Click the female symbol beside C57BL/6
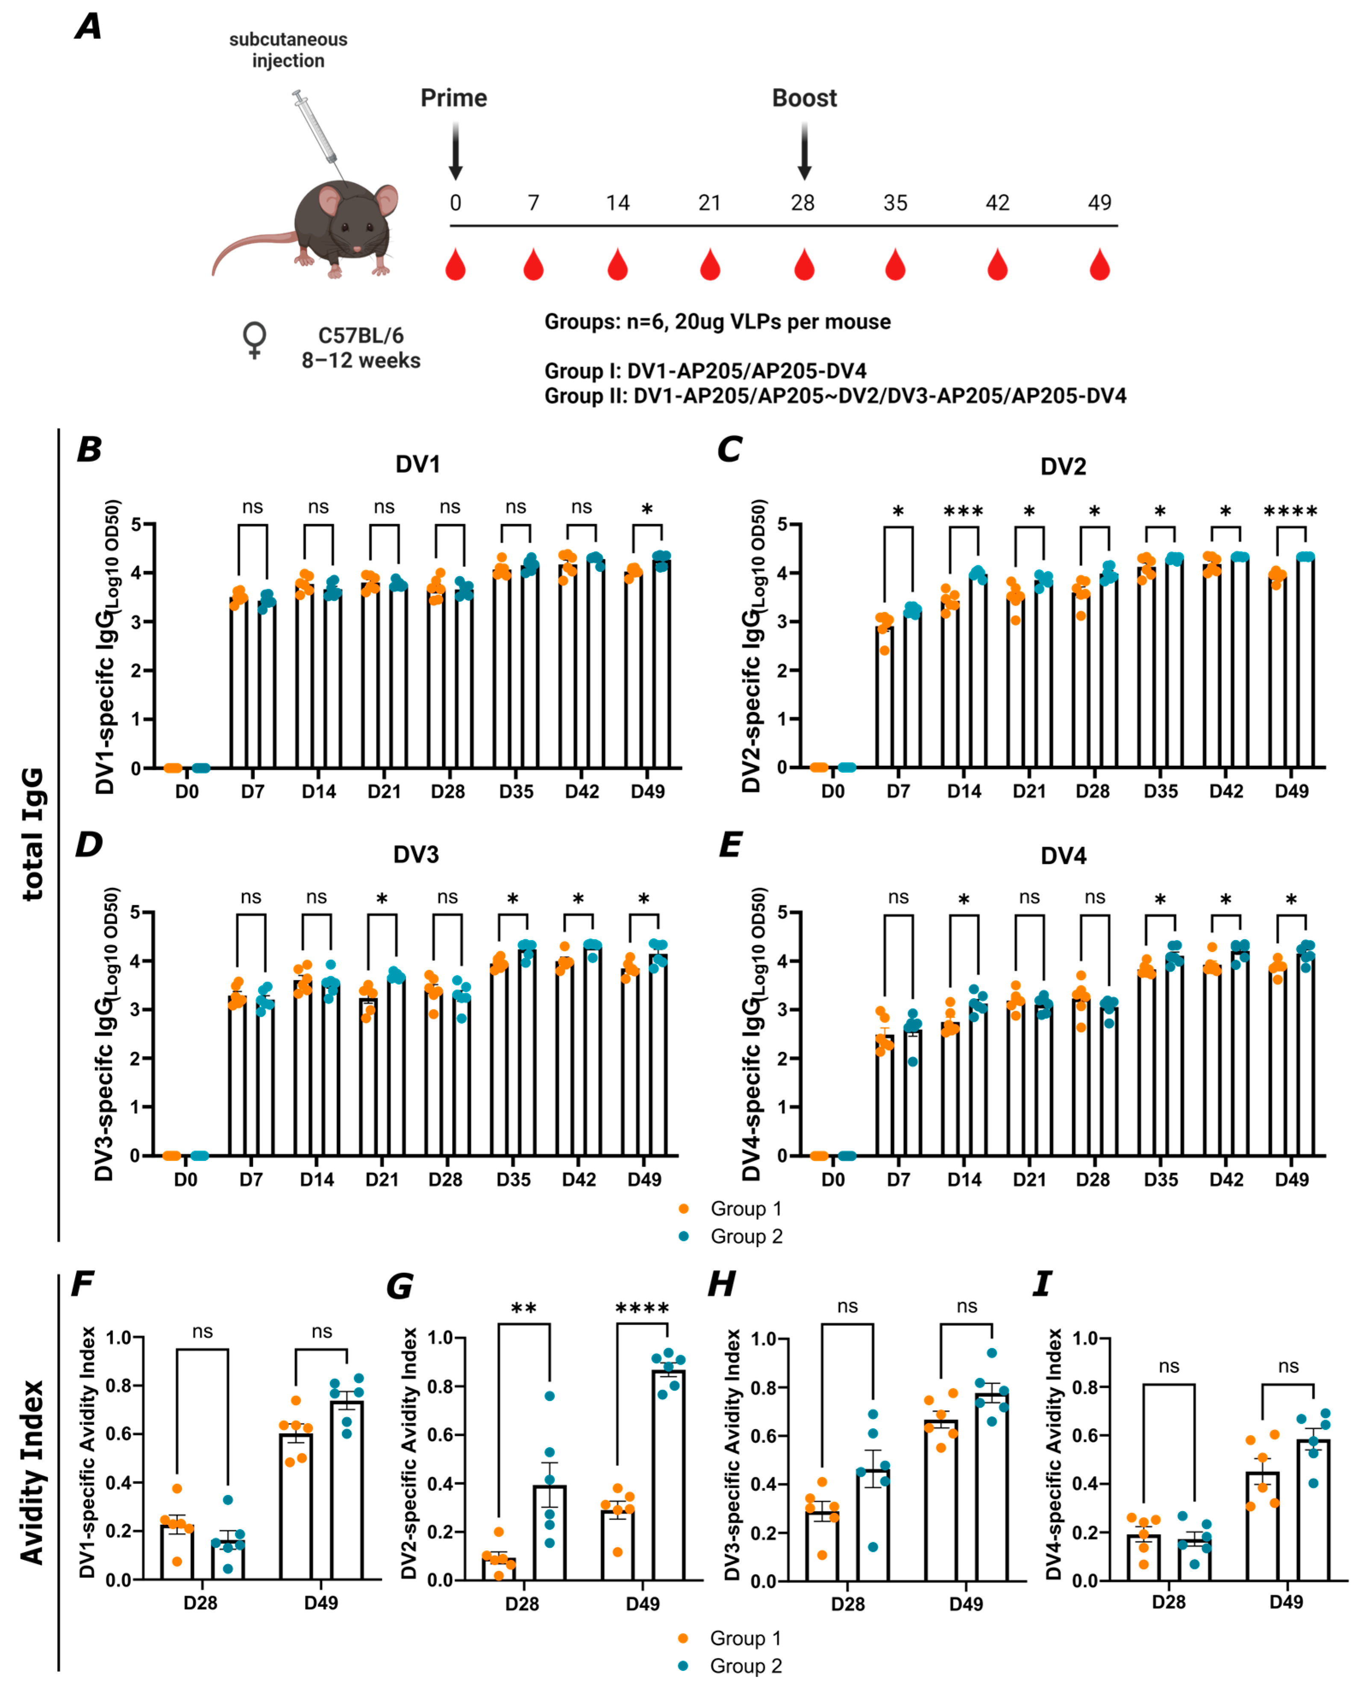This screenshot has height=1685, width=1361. coord(254,340)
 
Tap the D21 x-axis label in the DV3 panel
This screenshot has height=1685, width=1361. coord(382,1180)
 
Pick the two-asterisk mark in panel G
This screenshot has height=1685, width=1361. coord(524,1309)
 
